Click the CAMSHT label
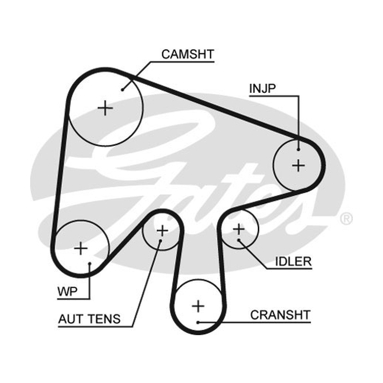point(188,54)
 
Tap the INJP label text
point(262,89)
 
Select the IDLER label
point(293,261)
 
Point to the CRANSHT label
point(280,315)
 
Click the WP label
point(67,292)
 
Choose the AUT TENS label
point(90,319)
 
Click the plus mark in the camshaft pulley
point(105,108)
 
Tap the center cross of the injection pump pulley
point(298,166)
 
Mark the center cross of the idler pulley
point(238,229)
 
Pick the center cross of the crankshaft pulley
point(198,306)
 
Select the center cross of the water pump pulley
point(81,248)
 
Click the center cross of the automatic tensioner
point(162,230)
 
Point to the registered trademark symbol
point(346,219)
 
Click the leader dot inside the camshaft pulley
point(123,90)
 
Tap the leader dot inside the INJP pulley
point(298,149)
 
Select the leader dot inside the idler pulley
point(238,240)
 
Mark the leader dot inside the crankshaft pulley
point(198,322)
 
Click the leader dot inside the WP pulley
point(90,264)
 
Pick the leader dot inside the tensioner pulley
point(160,241)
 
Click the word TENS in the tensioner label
point(104,319)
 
